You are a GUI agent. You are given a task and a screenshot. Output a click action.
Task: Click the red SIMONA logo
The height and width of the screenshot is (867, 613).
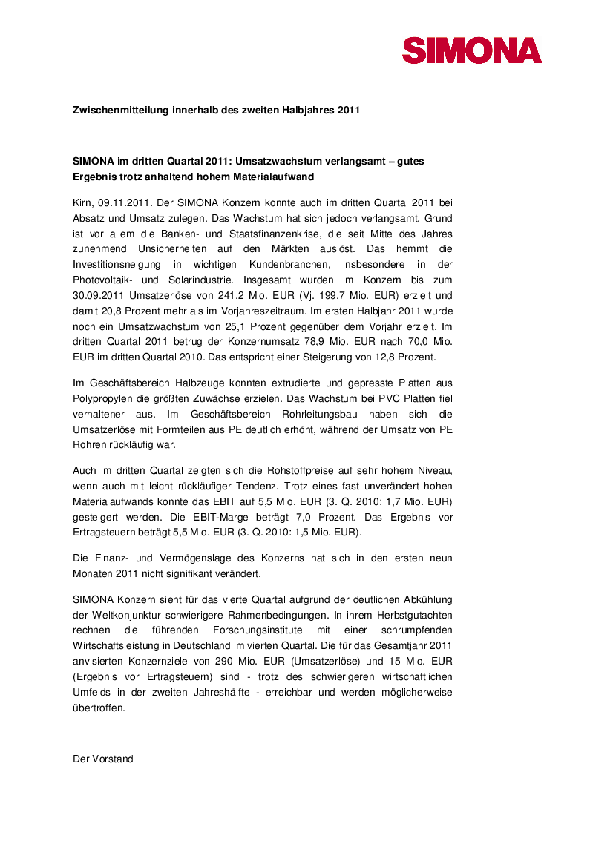(472, 50)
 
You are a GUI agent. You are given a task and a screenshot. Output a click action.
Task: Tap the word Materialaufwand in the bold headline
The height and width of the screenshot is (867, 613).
(278, 177)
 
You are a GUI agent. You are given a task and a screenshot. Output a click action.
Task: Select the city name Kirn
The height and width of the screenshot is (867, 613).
(82, 202)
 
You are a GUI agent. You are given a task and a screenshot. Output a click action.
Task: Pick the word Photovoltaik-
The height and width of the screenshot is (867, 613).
(102, 280)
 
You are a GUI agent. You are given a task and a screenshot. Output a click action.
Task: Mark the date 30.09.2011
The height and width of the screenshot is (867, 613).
(96, 296)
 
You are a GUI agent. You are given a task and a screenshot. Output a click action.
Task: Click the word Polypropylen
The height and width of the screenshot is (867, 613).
(102, 398)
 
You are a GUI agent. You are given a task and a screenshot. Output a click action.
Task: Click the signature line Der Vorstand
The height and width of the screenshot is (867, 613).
(103, 759)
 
